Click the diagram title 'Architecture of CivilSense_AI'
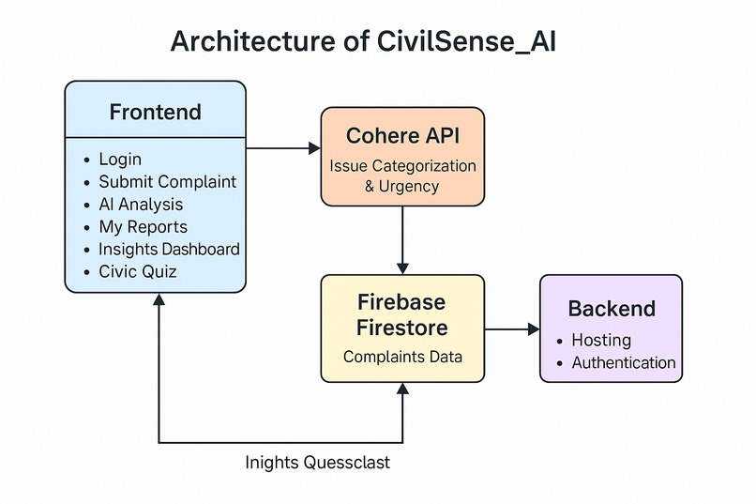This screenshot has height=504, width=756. coord(364,42)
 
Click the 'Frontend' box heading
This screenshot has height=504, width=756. coord(155,113)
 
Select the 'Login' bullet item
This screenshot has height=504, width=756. coord(120,160)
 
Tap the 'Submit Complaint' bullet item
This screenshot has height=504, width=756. coord(167,182)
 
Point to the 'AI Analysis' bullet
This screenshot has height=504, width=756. coord(141,205)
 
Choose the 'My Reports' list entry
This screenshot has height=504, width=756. coord(143,227)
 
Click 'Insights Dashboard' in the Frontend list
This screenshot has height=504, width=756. coord(169,250)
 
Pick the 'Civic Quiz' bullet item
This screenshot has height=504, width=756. coord(137,272)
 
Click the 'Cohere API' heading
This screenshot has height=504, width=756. coord(402,135)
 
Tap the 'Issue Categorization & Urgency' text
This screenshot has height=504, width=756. coord(402,176)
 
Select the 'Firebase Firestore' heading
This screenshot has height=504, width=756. coord(402,315)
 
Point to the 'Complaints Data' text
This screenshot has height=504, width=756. coord(402,357)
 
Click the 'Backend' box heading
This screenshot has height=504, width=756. coord(611,309)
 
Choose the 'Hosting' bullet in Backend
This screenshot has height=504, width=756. coord(601,340)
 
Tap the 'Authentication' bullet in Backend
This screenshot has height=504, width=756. coord(623,362)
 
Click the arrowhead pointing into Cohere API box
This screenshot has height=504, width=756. coord(313,147)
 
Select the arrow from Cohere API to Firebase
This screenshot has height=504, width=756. coord(402,239)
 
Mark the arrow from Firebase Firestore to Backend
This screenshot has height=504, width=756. coord(512,329)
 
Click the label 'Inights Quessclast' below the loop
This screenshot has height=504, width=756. coord(318,463)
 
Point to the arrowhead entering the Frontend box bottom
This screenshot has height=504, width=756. coord(159,299)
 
